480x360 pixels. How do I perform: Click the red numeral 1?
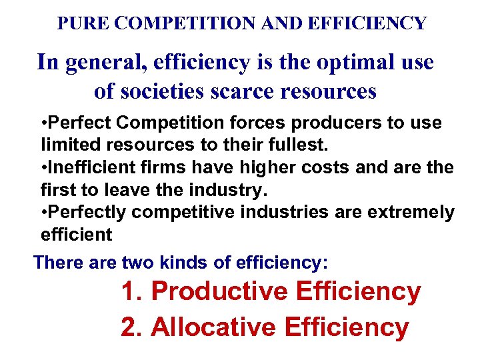129,292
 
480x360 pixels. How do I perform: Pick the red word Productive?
219,292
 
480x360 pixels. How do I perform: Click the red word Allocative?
213,327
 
